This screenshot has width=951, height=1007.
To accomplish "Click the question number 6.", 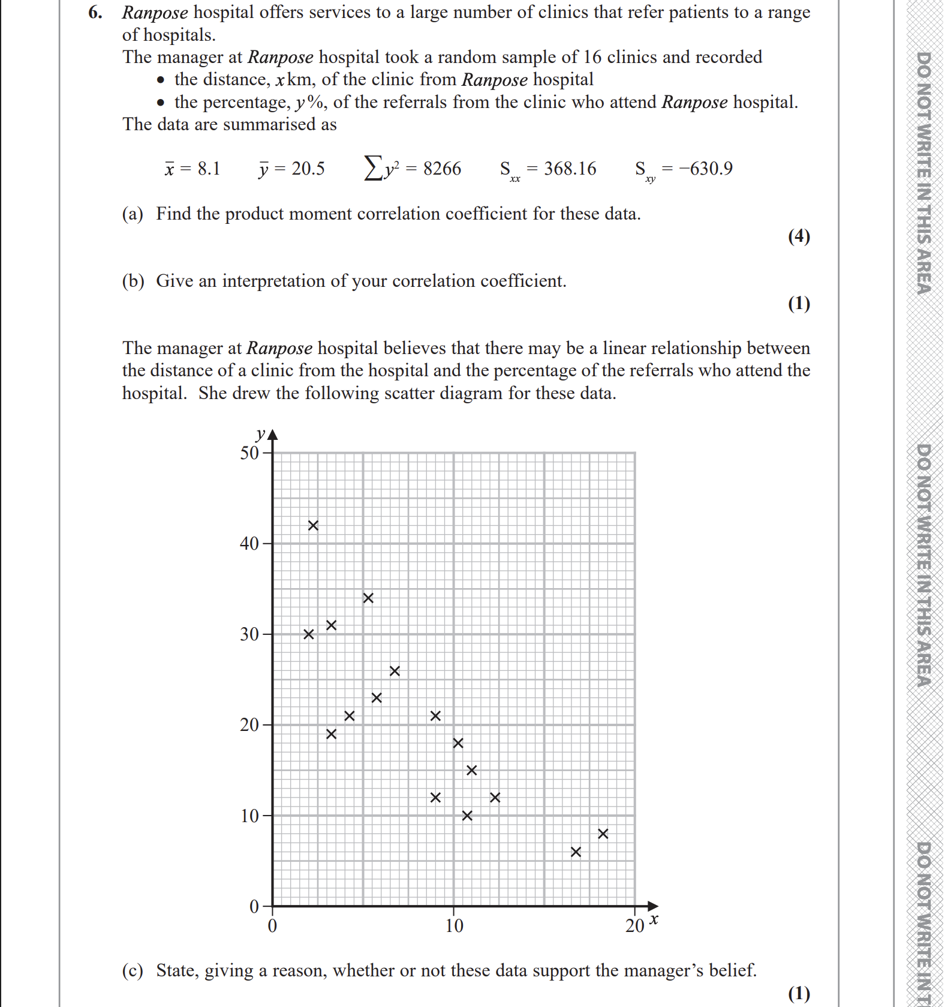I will click(94, 12).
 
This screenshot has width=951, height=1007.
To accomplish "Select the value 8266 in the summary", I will click(442, 169).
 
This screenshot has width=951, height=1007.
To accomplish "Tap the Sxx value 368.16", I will click(570, 169).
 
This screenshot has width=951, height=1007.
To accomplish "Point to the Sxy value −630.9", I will click(705, 169).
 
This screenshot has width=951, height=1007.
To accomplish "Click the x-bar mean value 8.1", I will click(209, 169).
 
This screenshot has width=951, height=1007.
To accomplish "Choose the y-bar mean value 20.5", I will click(308, 169).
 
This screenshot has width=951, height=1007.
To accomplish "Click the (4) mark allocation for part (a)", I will click(799, 236).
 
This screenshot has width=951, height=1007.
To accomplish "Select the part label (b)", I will click(133, 281).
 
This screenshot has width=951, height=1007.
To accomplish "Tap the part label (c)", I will click(133, 970).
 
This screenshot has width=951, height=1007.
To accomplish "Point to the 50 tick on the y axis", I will click(249, 452).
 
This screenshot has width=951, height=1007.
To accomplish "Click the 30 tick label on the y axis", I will click(249, 634).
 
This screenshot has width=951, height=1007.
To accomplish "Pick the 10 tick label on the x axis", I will click(454, 926).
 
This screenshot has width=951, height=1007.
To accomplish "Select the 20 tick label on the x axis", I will click(634, 926).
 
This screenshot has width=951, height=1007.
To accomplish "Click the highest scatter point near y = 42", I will click(313, 526).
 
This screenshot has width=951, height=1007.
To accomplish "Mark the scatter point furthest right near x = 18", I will click(603, 834).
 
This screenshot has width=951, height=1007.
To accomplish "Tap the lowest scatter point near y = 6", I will click(576, 852).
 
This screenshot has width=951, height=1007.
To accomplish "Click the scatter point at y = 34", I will click(368, 598).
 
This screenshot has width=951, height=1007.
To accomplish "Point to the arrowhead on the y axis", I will click(273, 434).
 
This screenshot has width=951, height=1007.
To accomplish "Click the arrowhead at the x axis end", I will click(653, 906).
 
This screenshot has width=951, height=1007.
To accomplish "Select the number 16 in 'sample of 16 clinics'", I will click(592, 57).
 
